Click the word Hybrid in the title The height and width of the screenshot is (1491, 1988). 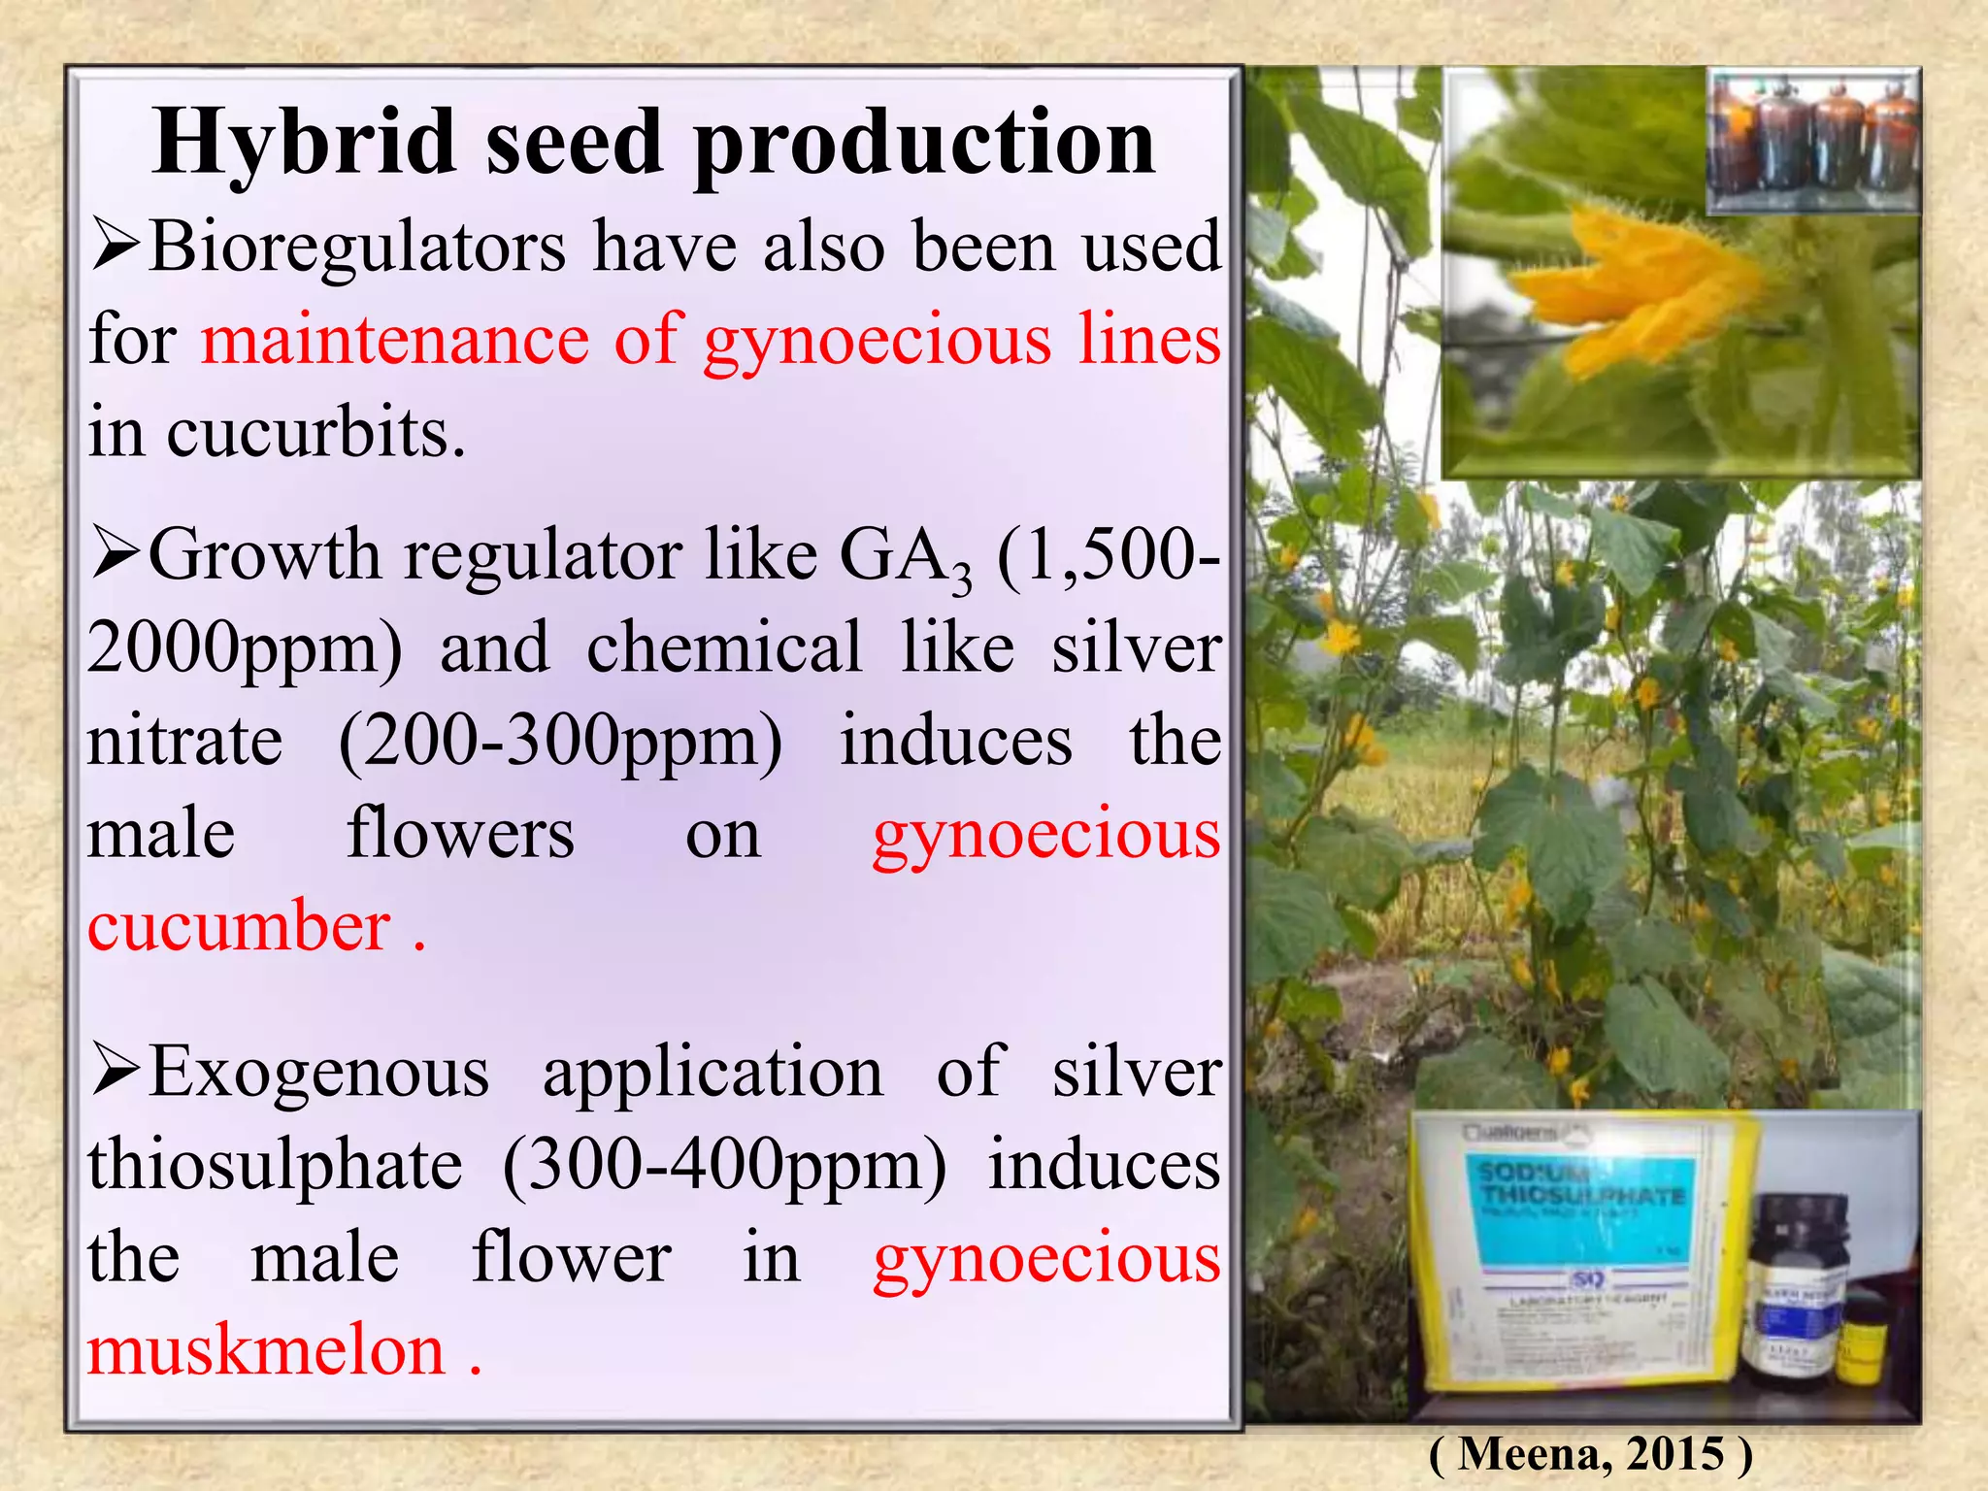pyautogui.click(x=303, y=144)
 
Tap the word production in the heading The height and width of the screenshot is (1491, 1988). pyautogui.click(x=924, y=144)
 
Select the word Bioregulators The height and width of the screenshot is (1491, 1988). pyautogui.click(x=357, y=247)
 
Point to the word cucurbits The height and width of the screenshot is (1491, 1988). pyautogui.click(x=315, y=433)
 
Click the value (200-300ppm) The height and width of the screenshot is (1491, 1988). pyautogui.click(x=560, y=743)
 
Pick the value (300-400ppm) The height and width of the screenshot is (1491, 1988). pyautogui.click(x=724, y=1166)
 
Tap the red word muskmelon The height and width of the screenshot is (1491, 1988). pyautogui.click(x=266, y=1352)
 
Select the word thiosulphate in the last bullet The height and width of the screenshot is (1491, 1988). pyautogui.click(x=276, y=1166)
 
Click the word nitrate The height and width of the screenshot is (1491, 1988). pyautogui.click(x=184, y=743)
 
